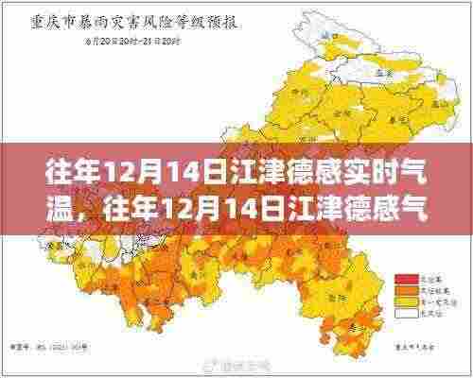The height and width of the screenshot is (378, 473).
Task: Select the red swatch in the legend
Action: click(x=402, y=278)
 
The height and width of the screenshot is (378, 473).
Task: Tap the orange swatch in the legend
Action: click(x=402, y=288)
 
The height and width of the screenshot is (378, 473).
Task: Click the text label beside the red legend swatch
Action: click(x=422, y=278)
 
